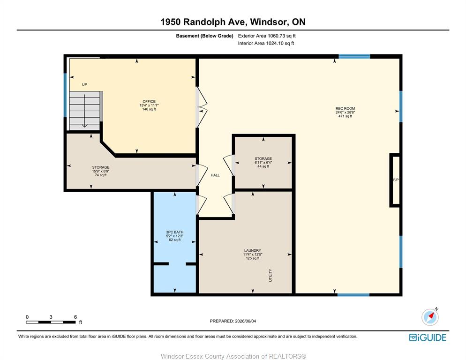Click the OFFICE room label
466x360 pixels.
coord(149,101)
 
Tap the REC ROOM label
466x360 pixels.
coord(345,108)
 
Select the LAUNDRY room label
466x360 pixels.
coord(253,251)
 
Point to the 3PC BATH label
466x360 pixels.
coord(175,232)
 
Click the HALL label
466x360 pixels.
coord(215,175)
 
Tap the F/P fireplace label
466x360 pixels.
coord(396,180)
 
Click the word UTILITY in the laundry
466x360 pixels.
coord(271,275)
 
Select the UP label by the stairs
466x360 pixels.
coord(84,84)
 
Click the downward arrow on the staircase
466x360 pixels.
coord(85,111)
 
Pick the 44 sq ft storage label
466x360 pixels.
coord(263,166)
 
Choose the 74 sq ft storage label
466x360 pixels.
coord(101,175)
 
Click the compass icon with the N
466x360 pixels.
coord(430,317)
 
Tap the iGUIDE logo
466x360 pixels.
coord(428,337)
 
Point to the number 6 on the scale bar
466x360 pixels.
coord(75,317)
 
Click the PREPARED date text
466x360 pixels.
coord(233,321)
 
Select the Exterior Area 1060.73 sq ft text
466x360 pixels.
coord(267,36)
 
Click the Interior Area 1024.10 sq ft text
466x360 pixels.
coord(266,43)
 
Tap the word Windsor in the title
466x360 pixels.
coord(269,22)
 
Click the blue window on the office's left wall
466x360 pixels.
coord(65,95)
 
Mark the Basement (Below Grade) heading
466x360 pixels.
coord(204,36)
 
